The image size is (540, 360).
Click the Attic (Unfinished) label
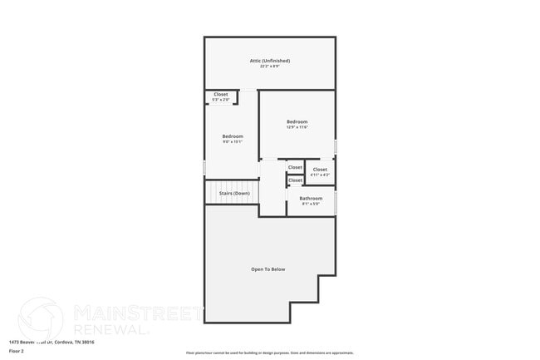[x=270, y=61]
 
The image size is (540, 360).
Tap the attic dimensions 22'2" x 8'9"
[x=270, y=67]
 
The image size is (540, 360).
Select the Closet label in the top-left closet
[x=221, y=94]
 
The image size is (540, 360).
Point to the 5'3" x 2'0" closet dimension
[x=221, y=100]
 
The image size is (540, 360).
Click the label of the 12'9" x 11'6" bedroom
[x=297, y=121]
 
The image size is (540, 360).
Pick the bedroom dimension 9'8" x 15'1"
[x=232, y=141]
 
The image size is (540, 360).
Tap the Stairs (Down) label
[x=234, y=193]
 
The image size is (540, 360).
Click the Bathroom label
[x=311, y=198]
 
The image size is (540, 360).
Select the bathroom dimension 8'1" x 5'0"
[x=311, y=204]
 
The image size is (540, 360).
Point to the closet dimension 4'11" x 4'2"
[x=320, y=175]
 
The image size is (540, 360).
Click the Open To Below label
[x=268, y=269]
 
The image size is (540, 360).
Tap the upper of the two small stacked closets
[x=295, y=167]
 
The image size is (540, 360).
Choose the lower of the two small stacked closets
[x=295, y=180]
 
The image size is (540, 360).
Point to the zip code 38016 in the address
[x=87, y=342]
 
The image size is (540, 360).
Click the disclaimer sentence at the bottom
[x=269, y=353]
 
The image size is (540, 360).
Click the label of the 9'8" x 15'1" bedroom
[x=232, y=136]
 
